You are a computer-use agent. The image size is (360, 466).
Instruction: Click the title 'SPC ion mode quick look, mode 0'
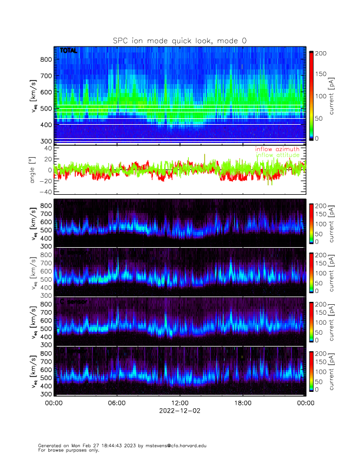180,40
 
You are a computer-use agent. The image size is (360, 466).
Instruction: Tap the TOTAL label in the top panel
68,51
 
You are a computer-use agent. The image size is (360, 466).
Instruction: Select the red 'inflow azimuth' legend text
277,149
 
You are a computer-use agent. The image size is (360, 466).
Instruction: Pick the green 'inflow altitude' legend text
277,155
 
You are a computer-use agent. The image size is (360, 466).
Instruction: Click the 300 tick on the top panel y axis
45,141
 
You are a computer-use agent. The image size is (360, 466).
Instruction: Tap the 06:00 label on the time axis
116,403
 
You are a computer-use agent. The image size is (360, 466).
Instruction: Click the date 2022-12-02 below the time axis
179,411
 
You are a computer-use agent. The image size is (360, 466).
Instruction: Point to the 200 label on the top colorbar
322,54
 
